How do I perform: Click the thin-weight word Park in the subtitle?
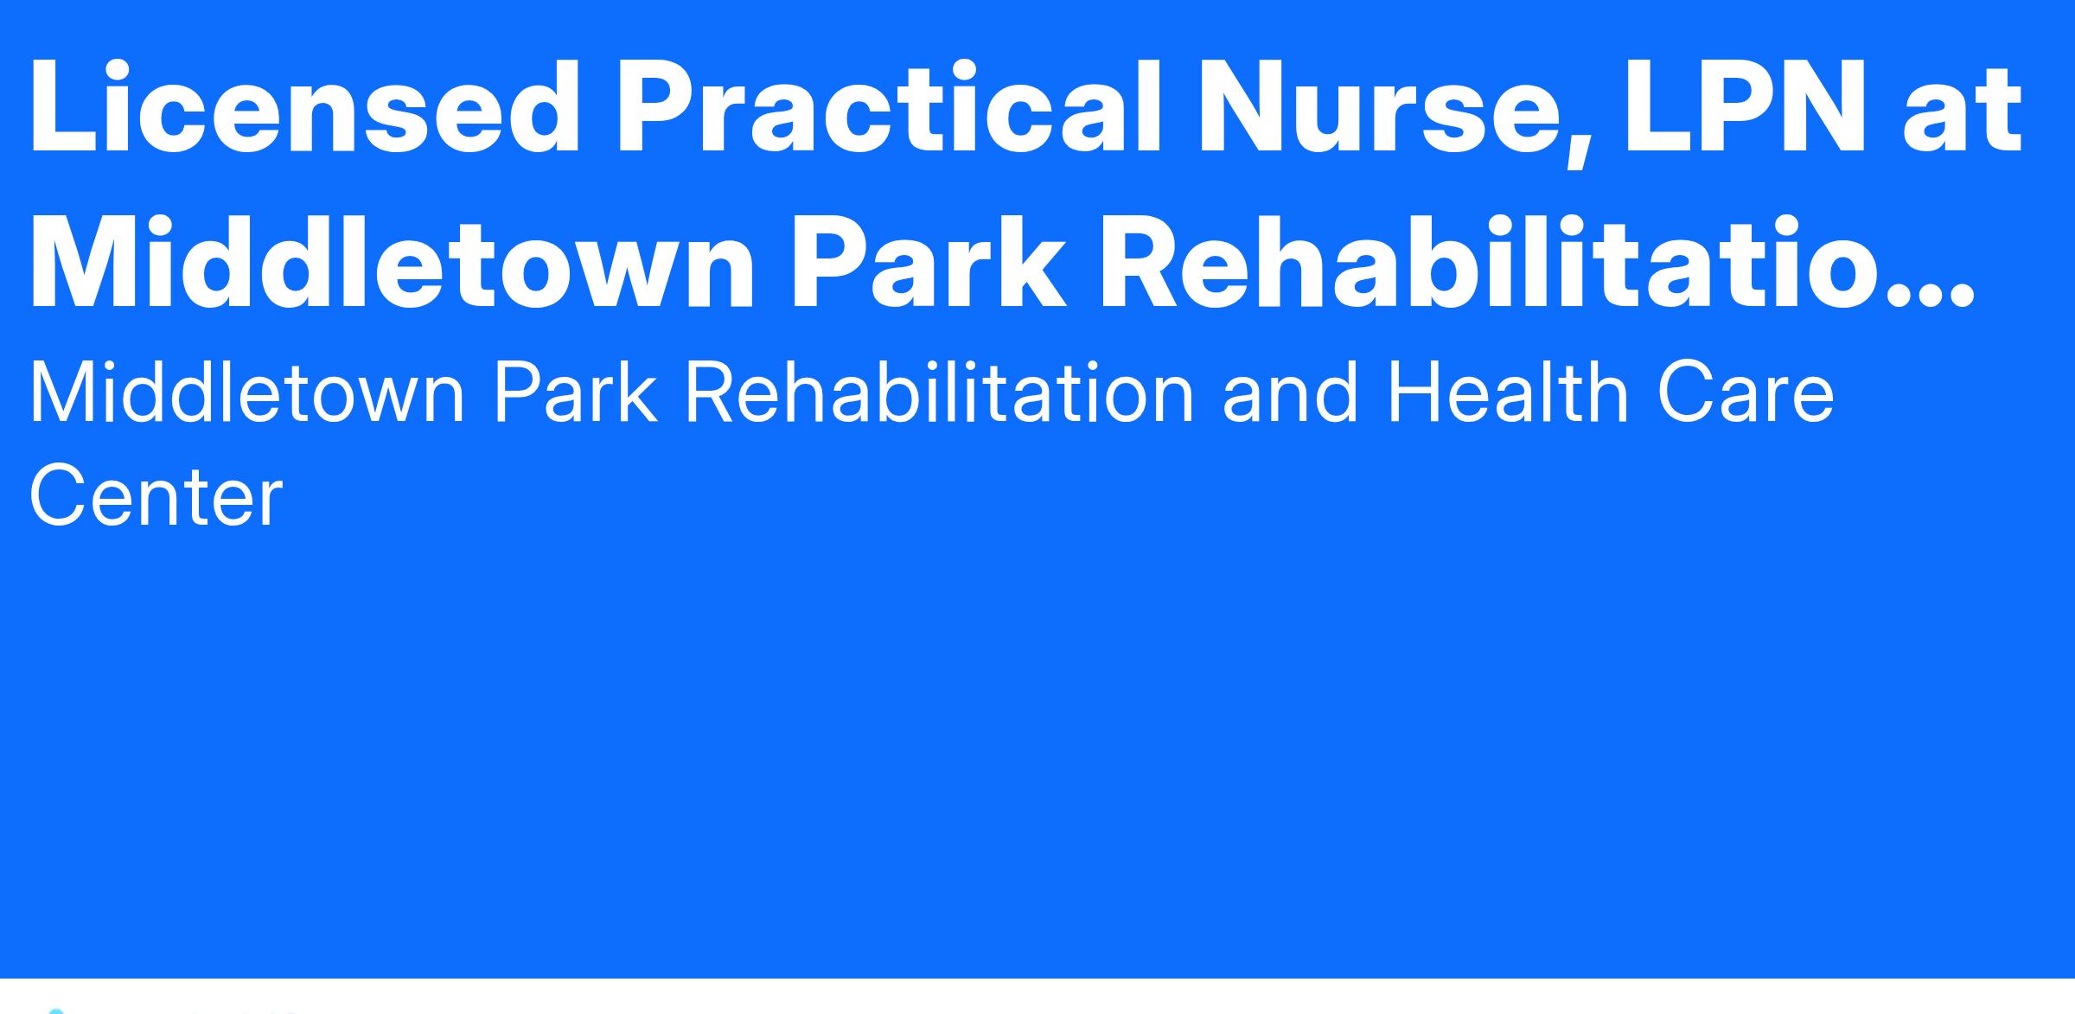[574, 393]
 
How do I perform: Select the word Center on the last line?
[156, 495]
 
